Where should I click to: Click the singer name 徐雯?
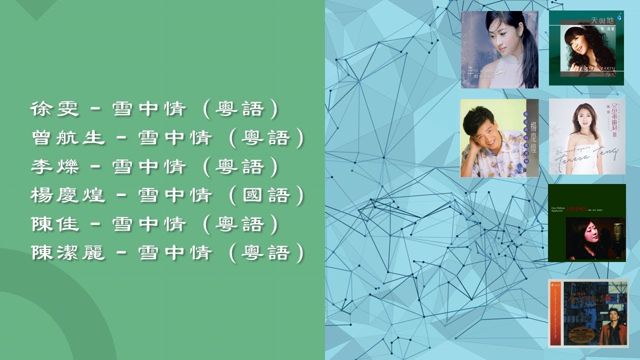[55, 109]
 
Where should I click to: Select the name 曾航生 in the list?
[68, 138]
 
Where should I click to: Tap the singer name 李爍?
[55, 166]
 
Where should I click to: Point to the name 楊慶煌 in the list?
[68, 195]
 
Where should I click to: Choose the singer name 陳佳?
[55, 224]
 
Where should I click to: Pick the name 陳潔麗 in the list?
[68, 253]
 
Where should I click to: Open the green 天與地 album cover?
[586, 48]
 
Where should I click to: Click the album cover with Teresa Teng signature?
[586, 136]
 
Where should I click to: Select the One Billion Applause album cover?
[586, 223]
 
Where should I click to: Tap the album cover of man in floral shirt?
[499, 138]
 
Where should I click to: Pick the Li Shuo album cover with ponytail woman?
[499, 49]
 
